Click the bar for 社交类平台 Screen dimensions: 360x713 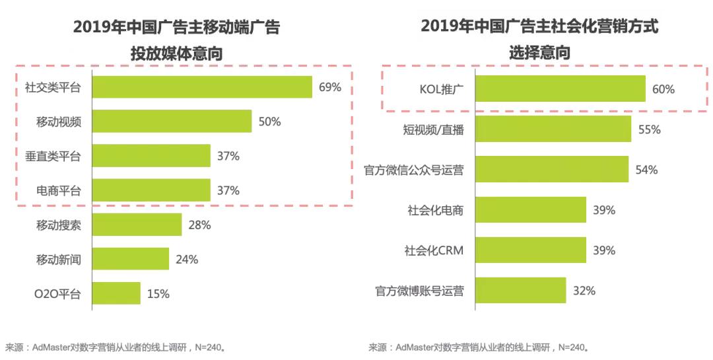201,87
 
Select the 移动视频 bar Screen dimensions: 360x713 172,122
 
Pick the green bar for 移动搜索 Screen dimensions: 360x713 136,225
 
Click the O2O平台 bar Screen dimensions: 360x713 116,293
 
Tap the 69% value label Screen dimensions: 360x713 330,87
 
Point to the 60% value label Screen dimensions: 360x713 663,89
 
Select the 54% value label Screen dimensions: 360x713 646,170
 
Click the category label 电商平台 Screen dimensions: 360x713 58,191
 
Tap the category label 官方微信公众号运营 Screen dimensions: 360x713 414,170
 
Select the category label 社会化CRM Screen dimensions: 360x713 434,250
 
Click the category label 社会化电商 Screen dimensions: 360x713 435,210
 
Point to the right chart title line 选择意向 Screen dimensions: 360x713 539,53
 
